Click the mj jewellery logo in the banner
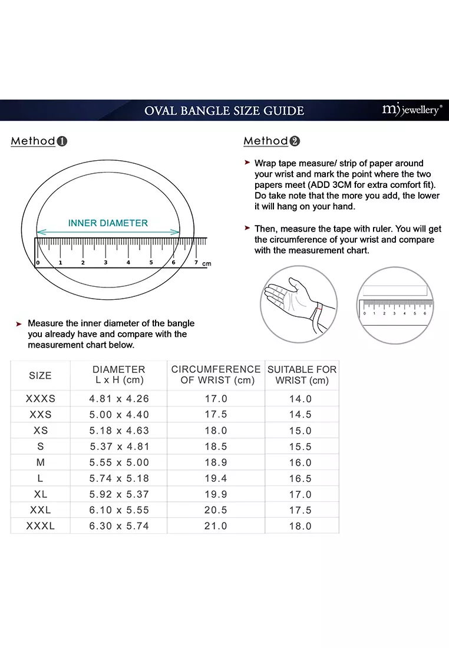tap(411, 110)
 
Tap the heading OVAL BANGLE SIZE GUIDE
tap(224, 111)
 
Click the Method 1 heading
tap(39, 141)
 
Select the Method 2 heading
tap(272, 141)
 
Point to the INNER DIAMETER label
tap(108, 223)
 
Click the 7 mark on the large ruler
tap(196, 262)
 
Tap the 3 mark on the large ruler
tap(105, 262)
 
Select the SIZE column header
tap(40, 375)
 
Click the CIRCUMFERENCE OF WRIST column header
tap(216, 375)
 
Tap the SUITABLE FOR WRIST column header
tap(302, 375)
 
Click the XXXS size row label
tap(40, 399)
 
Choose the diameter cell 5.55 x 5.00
tap(119, 462)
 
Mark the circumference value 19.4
tap(216, 478)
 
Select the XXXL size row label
tap(40, 526)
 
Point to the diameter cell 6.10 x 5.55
tap(119, 510)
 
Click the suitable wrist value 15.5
tap(301, 447)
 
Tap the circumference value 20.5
tap(216, 510)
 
